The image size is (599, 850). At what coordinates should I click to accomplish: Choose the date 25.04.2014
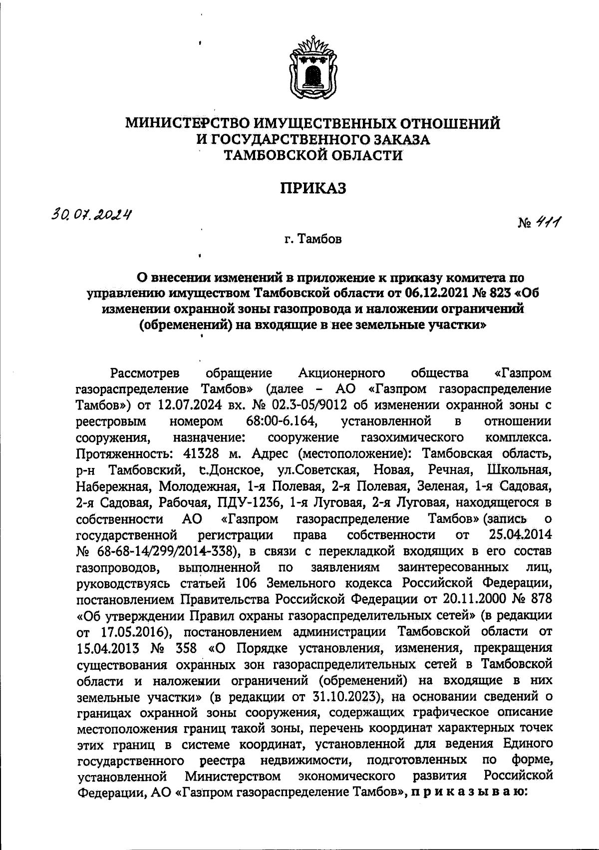tap(519, 535)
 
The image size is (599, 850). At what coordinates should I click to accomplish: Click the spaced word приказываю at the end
tap(468, 793)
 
